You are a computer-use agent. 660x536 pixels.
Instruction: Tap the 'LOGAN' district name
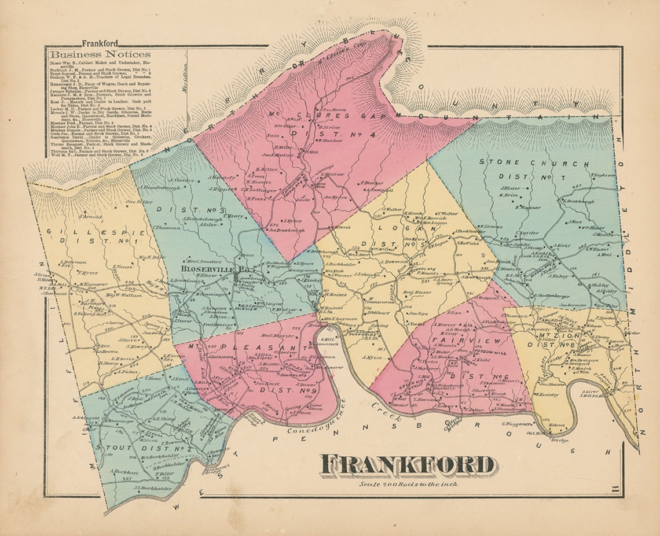click(x=393, y=228)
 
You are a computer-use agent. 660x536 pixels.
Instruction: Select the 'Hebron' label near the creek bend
click(x=558, y=425)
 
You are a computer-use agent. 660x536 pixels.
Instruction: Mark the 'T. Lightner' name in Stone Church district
click(x=602, y=175)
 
